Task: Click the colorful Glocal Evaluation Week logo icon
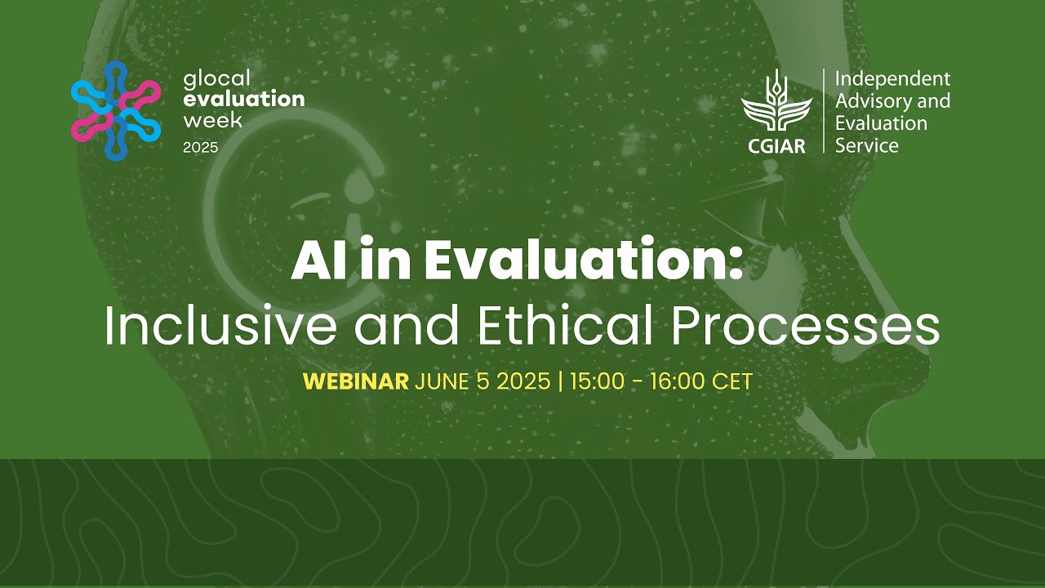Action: [x=115, y=111]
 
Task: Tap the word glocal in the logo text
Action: [x=217, y=79]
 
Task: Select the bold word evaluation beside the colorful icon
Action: [x=244, y=100]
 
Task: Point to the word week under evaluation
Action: [x=213, y=121]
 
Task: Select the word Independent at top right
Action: [x=892, y=79]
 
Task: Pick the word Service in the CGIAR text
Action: [x=866, y=146]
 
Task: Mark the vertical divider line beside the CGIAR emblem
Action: [x=823, y=111]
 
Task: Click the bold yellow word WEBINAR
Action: [x=355, y=381]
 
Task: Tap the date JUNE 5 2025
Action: [x=482, y=381]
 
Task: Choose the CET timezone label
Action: [x=731, y=381]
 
